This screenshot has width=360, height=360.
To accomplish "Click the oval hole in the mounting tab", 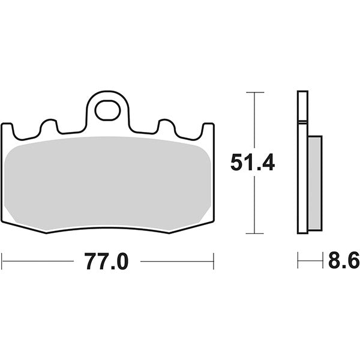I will click(108, 111).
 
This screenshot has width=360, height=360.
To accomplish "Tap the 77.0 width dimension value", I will click(107, 262).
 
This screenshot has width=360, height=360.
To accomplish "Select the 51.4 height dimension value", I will click(253, 162).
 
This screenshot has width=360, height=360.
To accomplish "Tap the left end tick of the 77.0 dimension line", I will click(2, 261).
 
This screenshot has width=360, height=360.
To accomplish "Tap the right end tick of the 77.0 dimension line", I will click(214, 261).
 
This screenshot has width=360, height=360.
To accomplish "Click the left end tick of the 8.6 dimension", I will click(298, 261).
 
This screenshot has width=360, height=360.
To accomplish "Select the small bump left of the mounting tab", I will click(49, 127).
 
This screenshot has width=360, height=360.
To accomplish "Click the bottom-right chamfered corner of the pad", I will click(198, 225).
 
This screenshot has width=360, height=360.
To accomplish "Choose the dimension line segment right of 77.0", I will click(180, 261).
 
